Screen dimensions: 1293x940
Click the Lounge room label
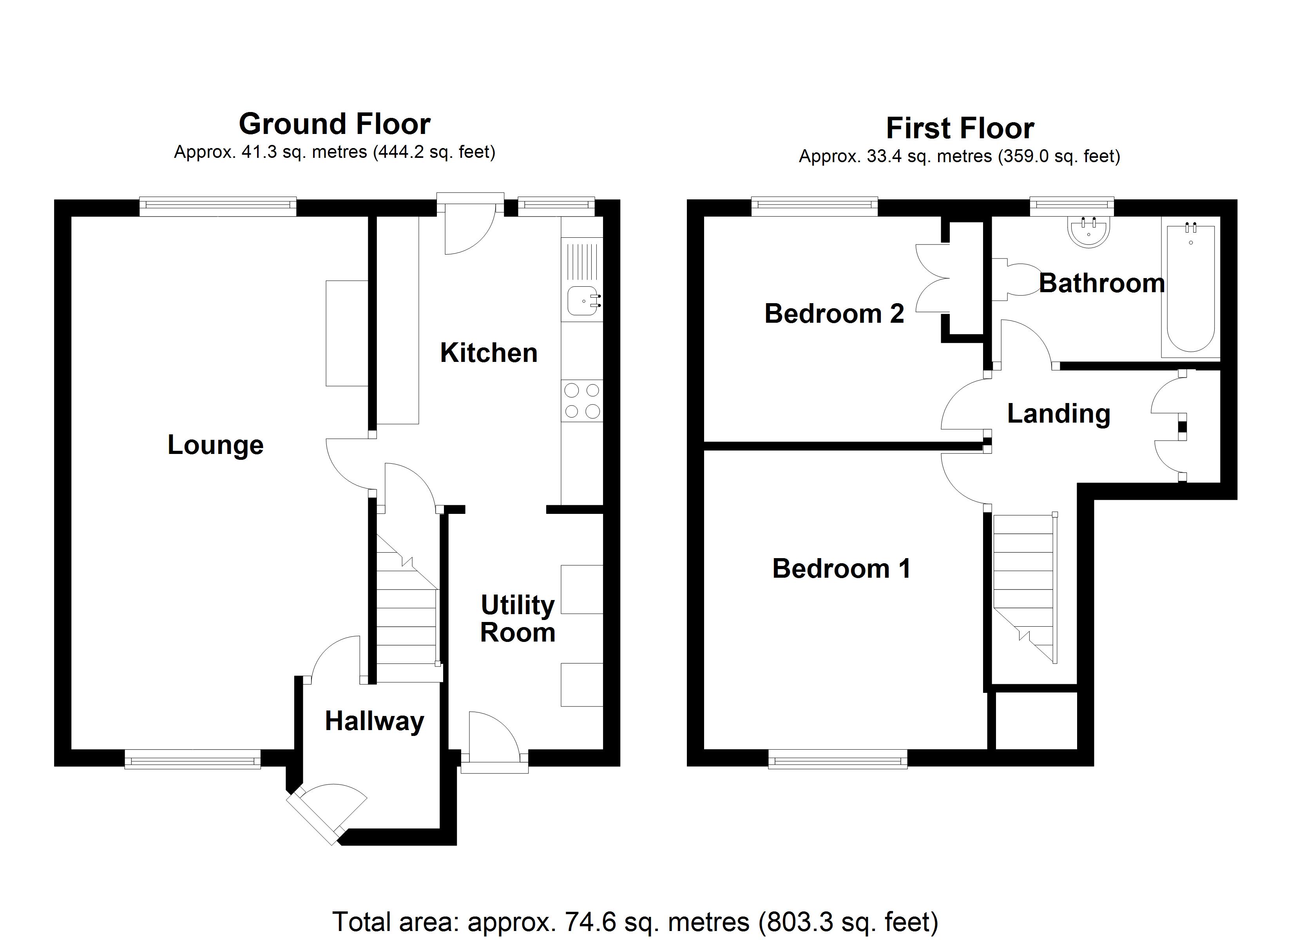coord(215,445)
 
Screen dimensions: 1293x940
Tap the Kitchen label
coord(489,353)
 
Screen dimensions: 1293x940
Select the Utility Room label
coord(518,618)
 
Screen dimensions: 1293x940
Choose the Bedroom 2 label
coord(834,313)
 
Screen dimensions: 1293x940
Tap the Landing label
coord(1059,414)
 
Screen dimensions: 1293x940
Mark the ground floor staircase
coord(406,610)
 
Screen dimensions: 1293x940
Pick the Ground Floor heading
coord(335,124)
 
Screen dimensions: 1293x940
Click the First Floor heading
coord(960,128)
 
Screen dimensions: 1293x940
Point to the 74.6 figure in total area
coord(587,921)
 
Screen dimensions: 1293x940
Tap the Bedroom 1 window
coord(837,760)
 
